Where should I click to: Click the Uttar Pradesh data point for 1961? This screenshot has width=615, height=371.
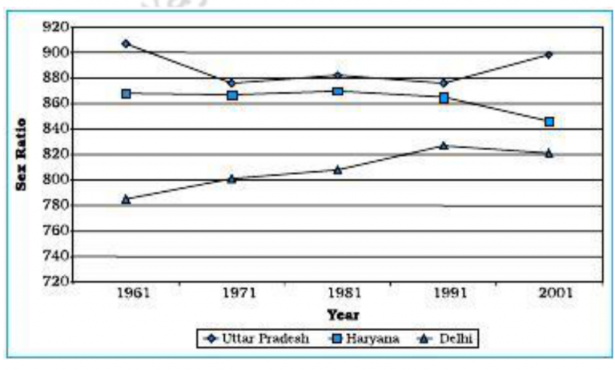pyautogui.click(x=126, y=43)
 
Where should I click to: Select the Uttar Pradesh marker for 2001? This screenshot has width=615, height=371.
pyautogui.click(x=549, y=54)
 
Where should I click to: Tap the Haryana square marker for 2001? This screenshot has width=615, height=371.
pyautogui.click(x=549, y=122)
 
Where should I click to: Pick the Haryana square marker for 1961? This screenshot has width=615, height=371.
pyautogui.click(x=127, y=94)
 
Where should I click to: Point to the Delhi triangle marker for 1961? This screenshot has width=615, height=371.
pyautogui.click(x=126, y=199)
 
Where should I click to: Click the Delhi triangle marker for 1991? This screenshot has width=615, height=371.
pyautogui.click(x=444, y=146)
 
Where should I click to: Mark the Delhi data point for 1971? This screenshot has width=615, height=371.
pyautogui.click(x=231, y=178)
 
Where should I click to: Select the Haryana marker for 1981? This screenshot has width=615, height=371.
pyautogui.click(x=338, y=91)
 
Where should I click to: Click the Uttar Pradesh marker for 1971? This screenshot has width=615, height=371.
pyautogui.click(x=231, y=82)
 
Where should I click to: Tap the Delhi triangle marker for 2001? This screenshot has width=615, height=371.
pyautogui.click(x=549, y=153)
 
